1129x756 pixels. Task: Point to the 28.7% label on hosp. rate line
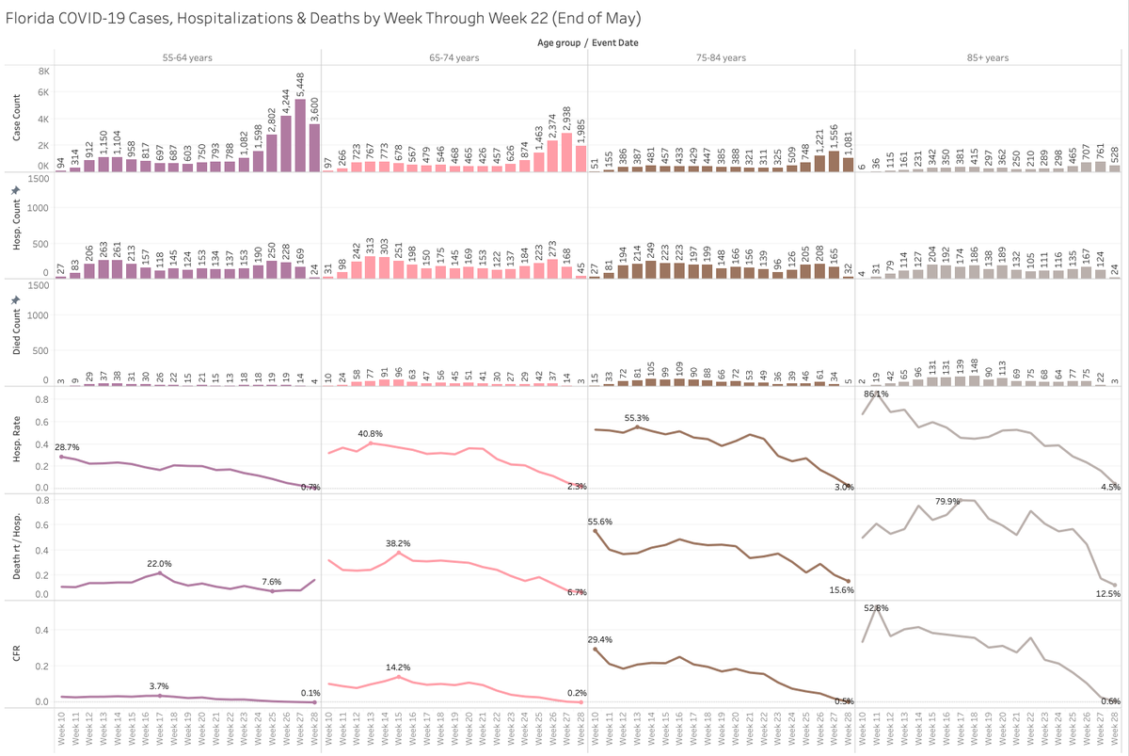tap(66, 445)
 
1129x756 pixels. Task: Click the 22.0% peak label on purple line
tap(159, 563)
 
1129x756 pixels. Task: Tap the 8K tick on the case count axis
tap(44, 71)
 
